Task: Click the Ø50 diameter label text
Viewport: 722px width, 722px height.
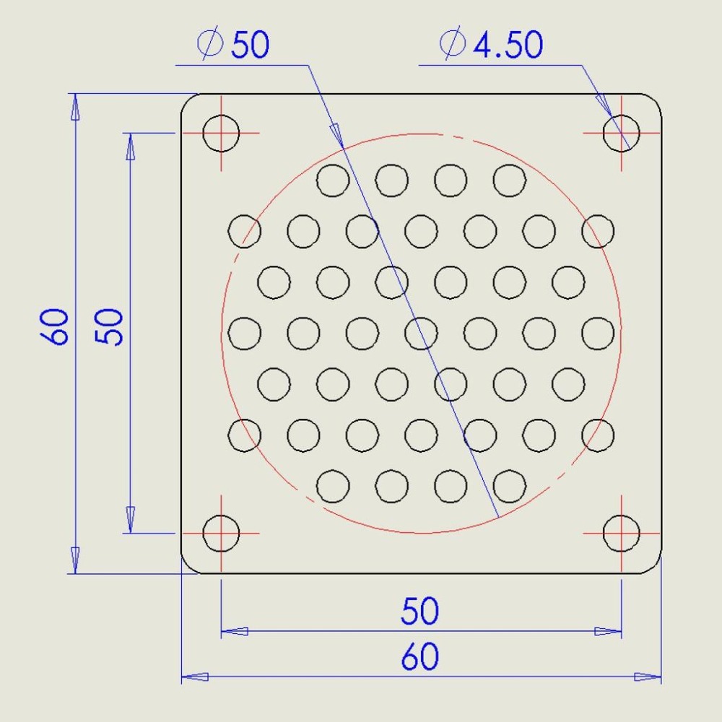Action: (233, 44)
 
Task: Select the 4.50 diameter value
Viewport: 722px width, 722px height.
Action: (508, 45)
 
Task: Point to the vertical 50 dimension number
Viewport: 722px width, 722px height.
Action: (109, 326)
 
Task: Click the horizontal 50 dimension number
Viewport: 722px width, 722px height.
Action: (419, 611)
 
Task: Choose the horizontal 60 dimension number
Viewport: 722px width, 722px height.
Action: (419, 656)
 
